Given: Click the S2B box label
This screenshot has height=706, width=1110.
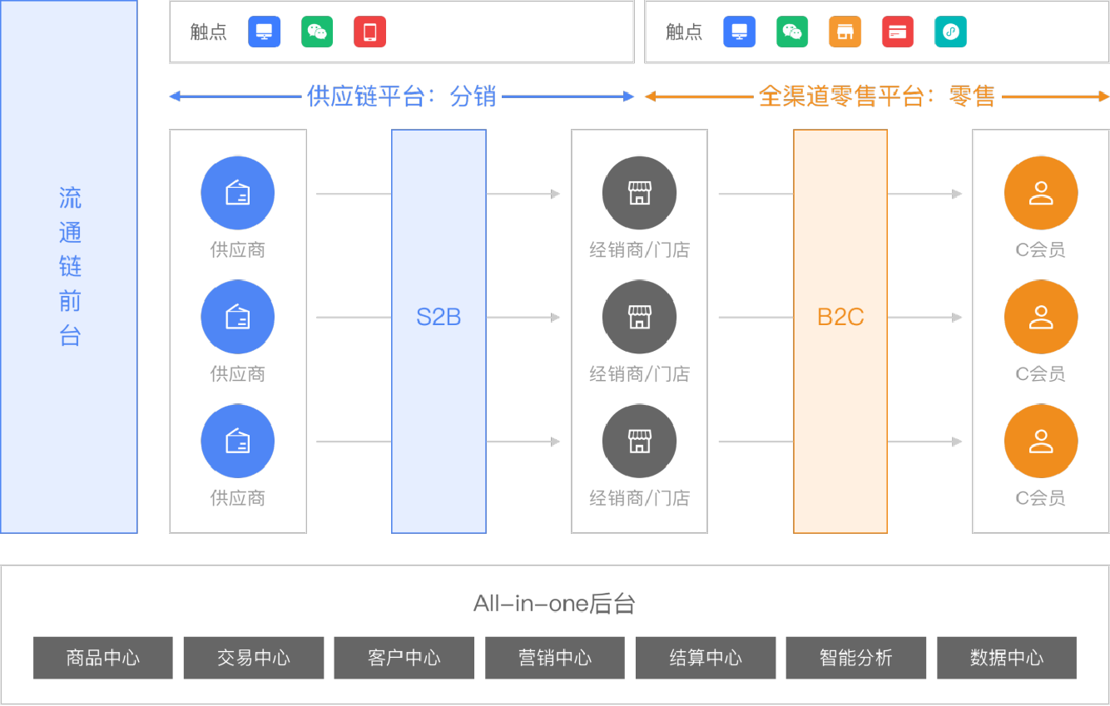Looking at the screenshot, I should tap(439, 317).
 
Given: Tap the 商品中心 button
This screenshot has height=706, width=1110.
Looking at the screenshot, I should tap(103, 658).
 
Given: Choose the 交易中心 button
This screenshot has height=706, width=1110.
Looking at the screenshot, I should tap(254, 658).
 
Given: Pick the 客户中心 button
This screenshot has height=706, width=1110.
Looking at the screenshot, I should tap(404, 658).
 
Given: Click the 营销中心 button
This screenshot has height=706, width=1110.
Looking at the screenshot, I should tap(555, 658).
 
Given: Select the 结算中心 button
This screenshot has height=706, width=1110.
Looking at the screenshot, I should tap(706, 658).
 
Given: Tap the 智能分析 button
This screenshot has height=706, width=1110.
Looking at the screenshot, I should tap(856, 658).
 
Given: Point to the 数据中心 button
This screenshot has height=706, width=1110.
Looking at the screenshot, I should tap(1007, 658).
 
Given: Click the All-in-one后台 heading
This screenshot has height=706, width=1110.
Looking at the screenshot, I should tap(554, 603).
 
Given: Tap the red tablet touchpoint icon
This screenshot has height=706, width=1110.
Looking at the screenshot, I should tap(369, 32).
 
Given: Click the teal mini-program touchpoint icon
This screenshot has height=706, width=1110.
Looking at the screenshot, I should tap(950, 32).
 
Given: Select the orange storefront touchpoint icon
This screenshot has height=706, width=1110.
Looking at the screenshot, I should tap(845, 32).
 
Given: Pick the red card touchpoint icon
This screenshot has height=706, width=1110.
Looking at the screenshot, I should tap(898, 32).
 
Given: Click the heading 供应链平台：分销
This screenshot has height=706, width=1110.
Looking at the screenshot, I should tap(402, 96).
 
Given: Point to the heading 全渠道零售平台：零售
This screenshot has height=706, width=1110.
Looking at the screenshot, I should tap(877, 96).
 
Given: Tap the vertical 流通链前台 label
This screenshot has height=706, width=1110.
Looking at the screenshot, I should tap(70, 267).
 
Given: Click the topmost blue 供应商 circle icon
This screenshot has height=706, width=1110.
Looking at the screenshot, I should tap(238, 194).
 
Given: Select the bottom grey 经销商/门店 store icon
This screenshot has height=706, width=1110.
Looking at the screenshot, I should tap(639, 442).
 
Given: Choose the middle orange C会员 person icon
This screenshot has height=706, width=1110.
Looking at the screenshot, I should tap(1041, 318).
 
